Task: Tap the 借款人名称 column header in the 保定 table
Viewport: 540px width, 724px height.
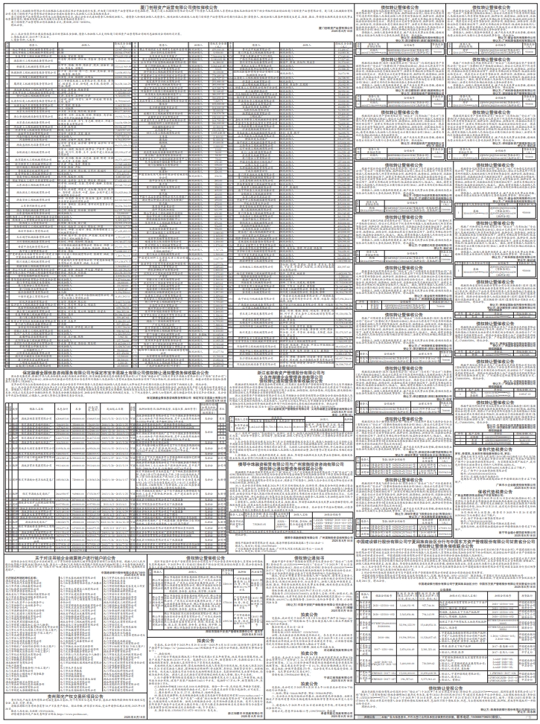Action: coord(38,409)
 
